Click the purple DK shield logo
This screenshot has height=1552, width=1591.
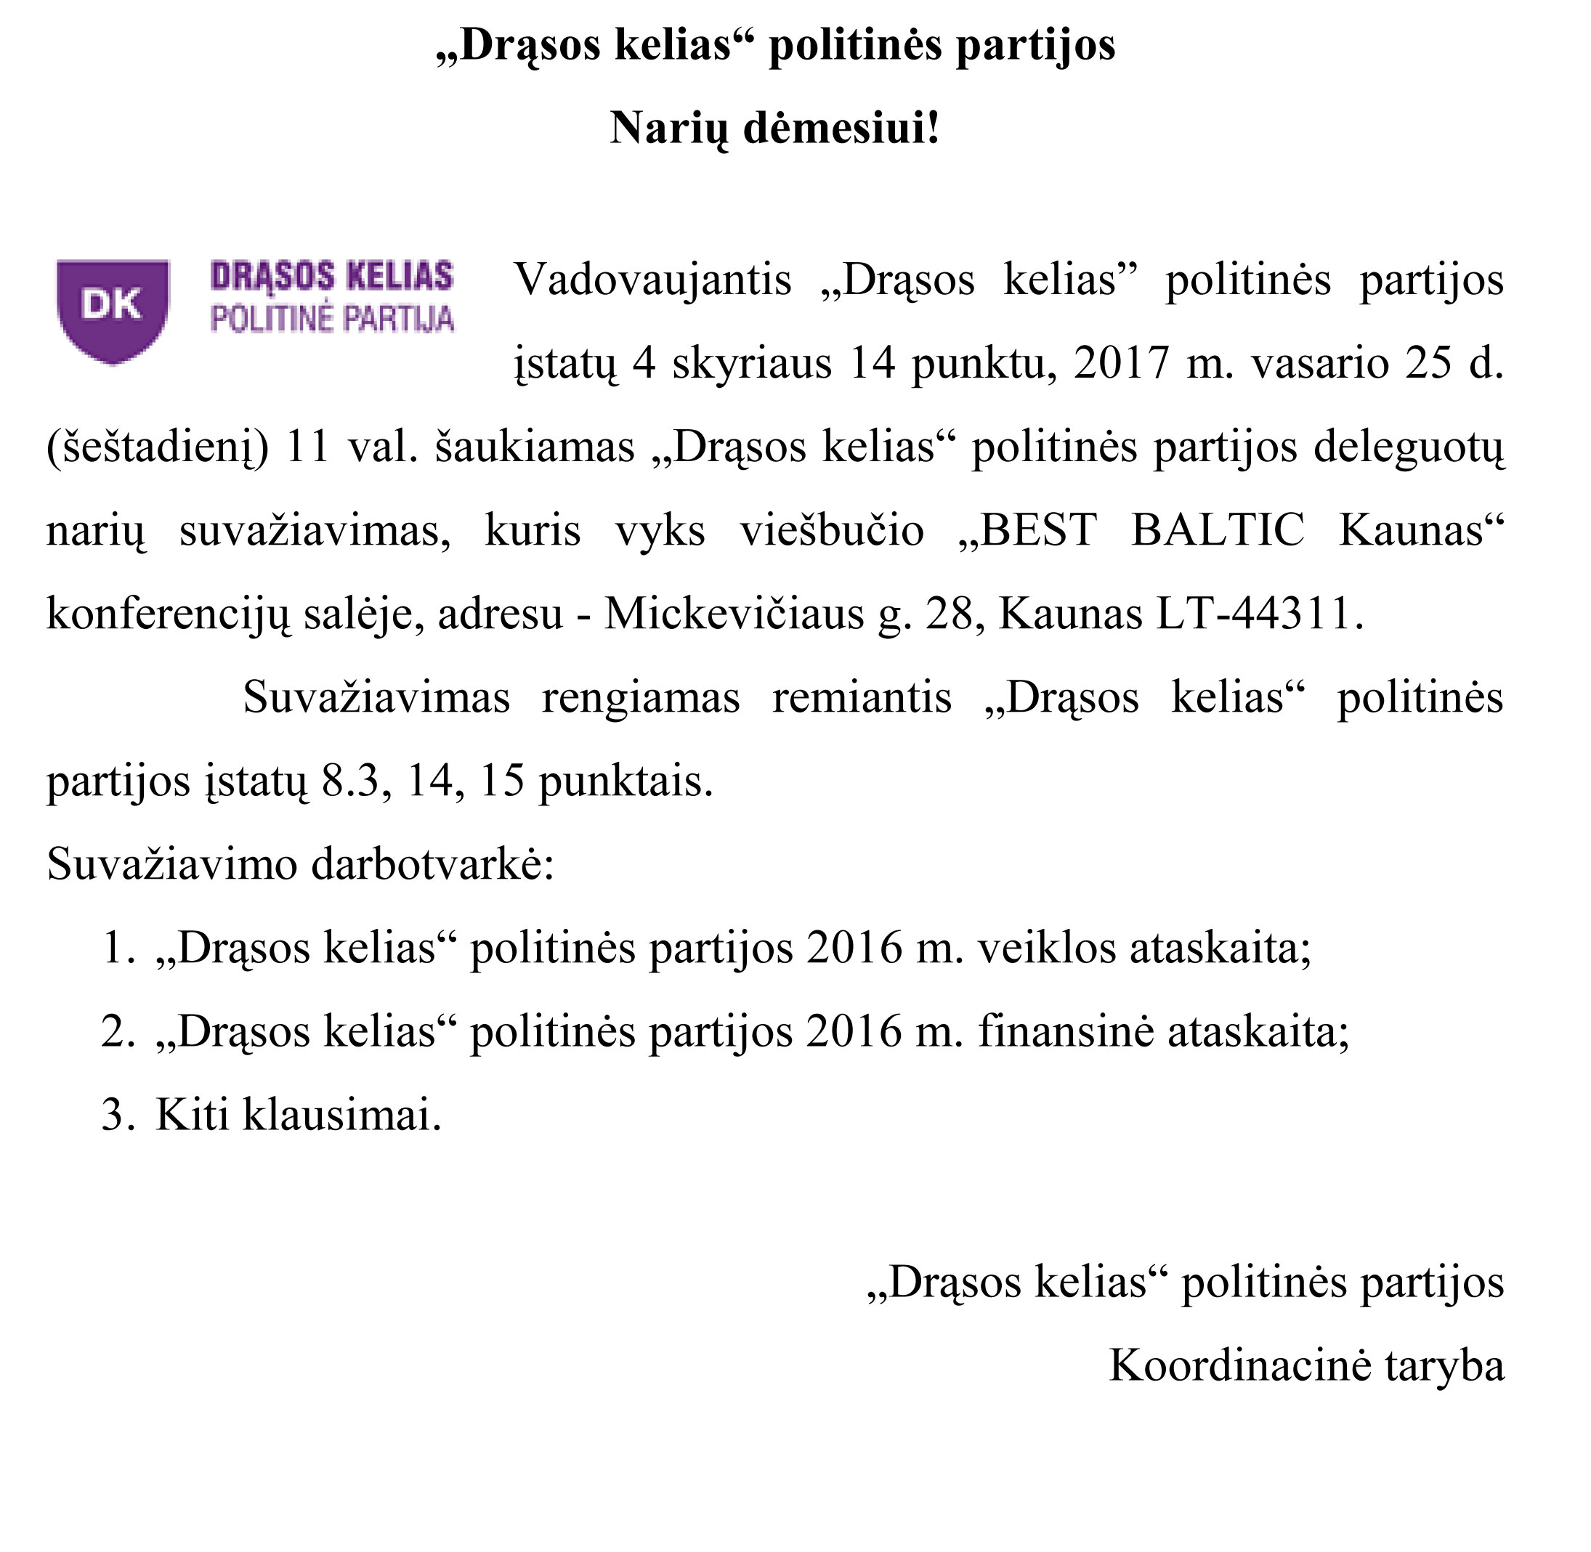(x=113, y=309)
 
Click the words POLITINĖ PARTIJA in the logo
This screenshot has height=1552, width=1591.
(x=332, y=319)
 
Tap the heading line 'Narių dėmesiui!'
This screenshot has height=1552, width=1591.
(x=774, y=129)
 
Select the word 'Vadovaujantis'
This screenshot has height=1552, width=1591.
(x=652, y=280)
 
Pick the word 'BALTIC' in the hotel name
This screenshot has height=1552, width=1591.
(x=1218, y=531)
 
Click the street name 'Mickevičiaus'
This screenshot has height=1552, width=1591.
(x=733, y=614)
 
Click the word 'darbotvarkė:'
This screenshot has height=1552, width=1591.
(x=432, y=865)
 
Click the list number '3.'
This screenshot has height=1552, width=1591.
(x=118, y=1115)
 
